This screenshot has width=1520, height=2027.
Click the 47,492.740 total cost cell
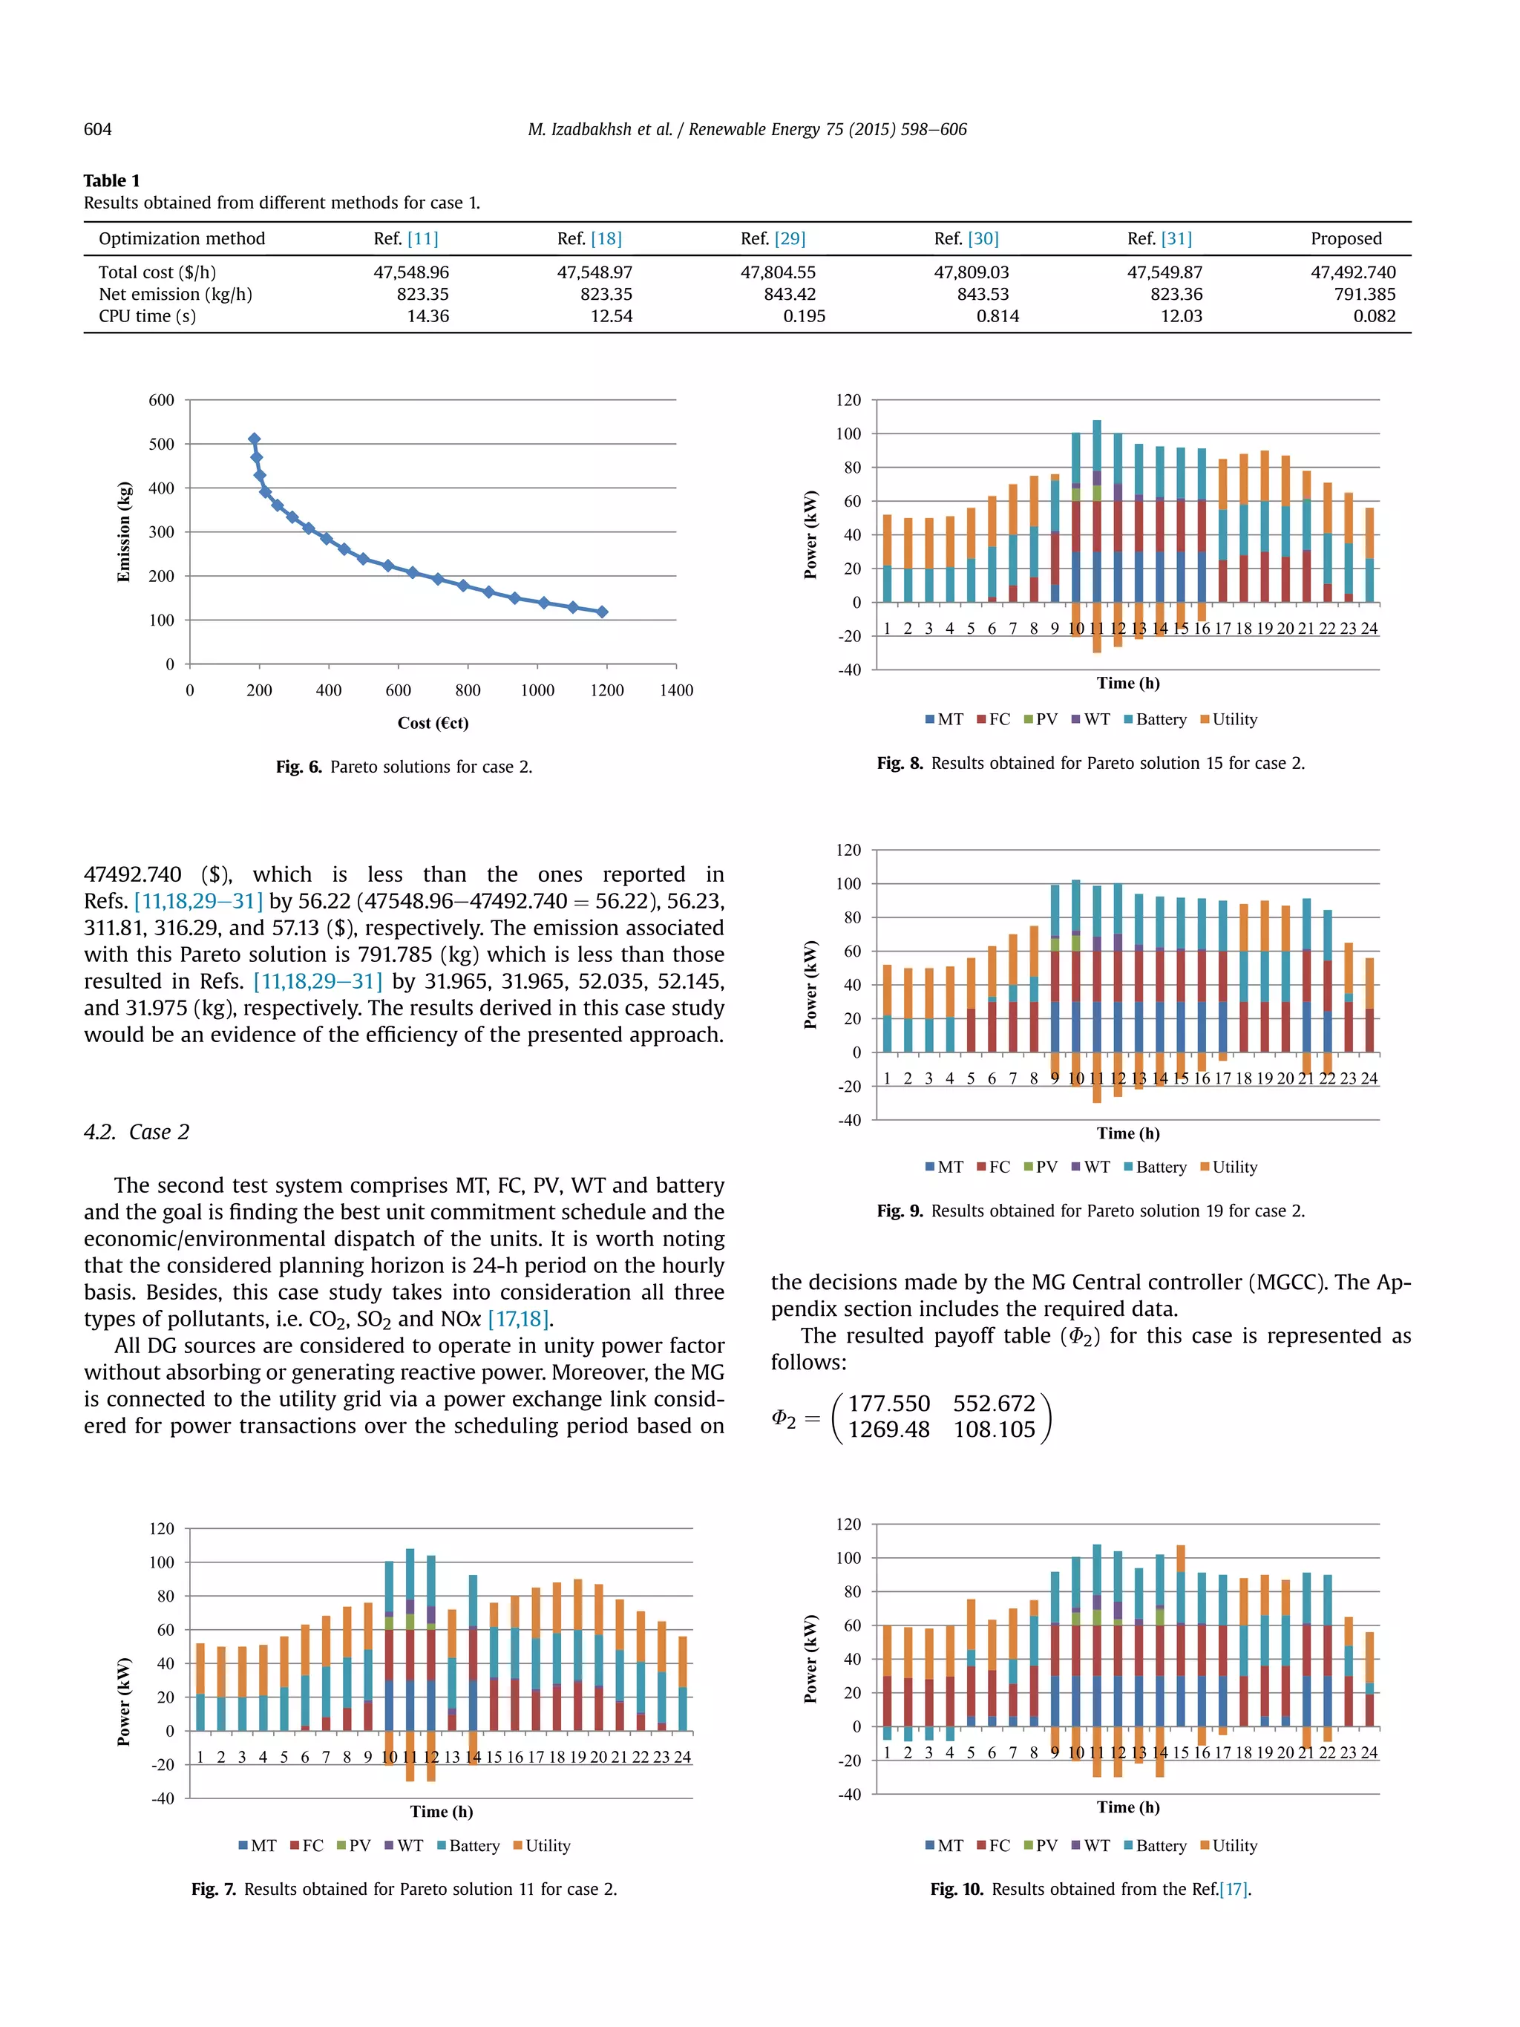point(1352,272)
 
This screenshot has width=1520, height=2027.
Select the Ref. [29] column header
point(773,238)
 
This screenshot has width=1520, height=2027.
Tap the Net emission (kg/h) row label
point(175,294)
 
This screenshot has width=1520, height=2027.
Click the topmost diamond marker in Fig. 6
point(254,439)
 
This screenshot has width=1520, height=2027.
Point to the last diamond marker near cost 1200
point(602,611)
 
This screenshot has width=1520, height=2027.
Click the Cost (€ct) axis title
point(433,723)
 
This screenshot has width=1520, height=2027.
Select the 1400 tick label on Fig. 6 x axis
point(676,690)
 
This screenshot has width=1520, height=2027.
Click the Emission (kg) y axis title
point(124,531)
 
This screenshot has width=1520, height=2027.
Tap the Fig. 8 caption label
point(899,763)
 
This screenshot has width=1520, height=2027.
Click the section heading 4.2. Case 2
point(137,1132)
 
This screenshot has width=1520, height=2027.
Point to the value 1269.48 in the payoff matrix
point(888,1430)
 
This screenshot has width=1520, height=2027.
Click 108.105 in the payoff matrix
point(993,1430)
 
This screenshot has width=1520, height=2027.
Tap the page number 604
point(97,129)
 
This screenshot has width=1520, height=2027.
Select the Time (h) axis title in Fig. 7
point(442,1812)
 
